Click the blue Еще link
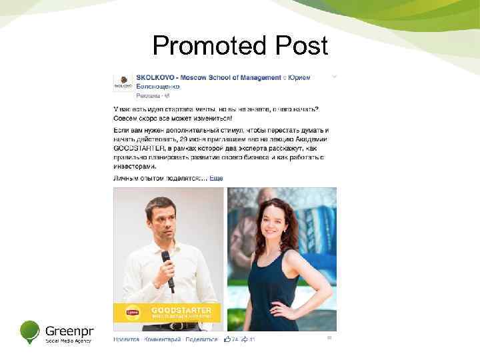217,179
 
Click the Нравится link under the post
126,339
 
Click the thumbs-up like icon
228,339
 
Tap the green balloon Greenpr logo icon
30,331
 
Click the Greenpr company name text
69,330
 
